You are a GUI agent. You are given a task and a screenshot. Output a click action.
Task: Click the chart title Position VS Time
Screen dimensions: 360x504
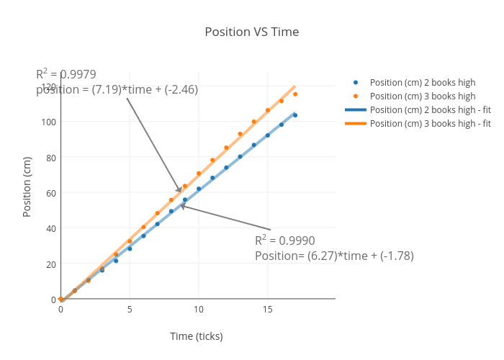(251, 32)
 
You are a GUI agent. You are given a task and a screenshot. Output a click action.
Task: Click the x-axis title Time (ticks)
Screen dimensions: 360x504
(196, 336)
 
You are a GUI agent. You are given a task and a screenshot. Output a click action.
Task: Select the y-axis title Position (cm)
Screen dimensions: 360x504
(27, 186)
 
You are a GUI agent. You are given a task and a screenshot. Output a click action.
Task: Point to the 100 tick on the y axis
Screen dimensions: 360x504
(48, 122)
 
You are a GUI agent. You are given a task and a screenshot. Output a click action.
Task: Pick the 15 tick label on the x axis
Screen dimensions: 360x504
(267, 310)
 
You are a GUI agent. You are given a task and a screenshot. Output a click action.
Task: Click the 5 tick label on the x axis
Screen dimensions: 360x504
(130, 310)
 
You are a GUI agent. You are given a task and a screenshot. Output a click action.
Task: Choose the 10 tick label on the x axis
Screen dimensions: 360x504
(198, 310)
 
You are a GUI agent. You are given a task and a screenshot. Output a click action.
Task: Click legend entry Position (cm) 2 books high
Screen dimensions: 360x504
(422, 82)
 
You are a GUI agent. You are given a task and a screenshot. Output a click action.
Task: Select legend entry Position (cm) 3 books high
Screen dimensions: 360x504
(422, 96)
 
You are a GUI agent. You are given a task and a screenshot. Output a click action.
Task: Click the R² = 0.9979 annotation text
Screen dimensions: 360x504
(66, 73)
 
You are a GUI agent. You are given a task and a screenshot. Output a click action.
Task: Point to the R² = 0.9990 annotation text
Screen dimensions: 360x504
(285, 240)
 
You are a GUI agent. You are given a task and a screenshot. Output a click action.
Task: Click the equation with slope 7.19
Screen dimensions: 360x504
(117, 89)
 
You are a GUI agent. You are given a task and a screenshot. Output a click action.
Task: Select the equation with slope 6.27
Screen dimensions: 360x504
(334, 256)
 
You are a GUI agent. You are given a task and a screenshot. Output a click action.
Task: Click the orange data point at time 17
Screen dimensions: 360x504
(295, 94)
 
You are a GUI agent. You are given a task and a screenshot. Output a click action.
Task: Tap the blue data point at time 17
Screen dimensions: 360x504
(295, 115)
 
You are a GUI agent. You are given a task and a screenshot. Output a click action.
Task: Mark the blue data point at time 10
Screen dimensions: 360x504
(199, 189)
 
